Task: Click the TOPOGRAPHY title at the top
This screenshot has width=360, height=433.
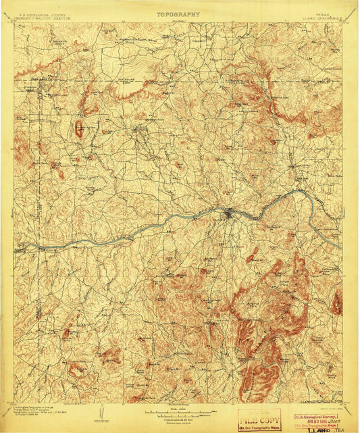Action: coord(178,14)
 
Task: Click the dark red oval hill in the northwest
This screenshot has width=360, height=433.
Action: coord(79,128)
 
